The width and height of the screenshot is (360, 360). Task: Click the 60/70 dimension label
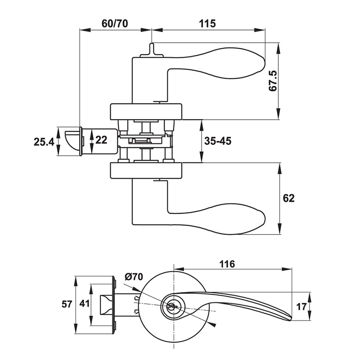point(115,23)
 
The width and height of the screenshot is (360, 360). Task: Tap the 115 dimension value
point(207,23)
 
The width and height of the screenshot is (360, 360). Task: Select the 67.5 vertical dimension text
point(273,81)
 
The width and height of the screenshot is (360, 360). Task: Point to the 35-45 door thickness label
point(218,141)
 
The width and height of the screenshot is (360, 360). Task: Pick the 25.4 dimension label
point(44,142)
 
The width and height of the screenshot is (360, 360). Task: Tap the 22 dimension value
point(101,140)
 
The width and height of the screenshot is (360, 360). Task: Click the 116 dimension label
point(228,264)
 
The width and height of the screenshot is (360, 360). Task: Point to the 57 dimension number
point(67,305)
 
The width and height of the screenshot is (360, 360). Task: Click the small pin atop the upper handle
point(152,49)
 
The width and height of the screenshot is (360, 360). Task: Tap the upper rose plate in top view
point(147,112)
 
